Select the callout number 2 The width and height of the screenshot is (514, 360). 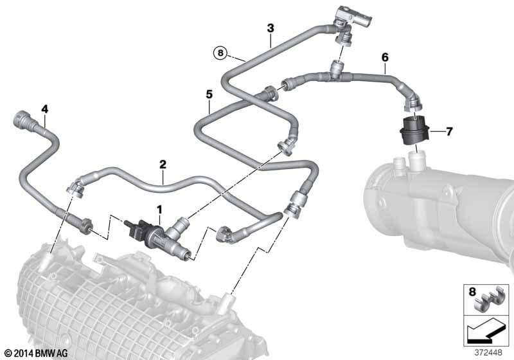tap(163, 165)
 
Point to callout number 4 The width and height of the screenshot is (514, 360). tap(44, 109)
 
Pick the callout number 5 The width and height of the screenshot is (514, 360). tap(209, 94)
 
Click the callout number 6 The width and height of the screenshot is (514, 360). tap(385, 58)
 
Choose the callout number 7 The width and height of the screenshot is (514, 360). tap(449, 132)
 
